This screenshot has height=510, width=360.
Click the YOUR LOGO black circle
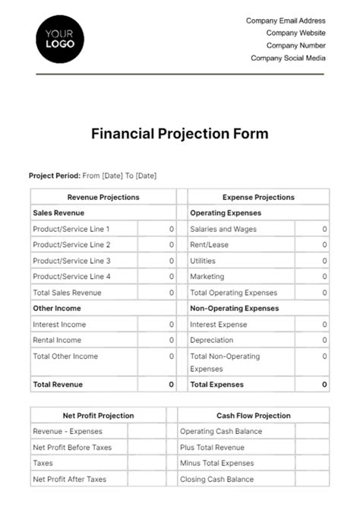60,39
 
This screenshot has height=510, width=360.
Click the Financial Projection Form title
179,134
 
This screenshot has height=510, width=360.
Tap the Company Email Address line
286,21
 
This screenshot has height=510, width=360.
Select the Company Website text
295,33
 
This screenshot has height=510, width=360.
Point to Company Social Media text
288,58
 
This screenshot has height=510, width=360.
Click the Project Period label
54,176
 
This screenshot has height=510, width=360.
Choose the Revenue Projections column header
103,198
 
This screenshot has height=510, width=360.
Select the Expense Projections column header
258,198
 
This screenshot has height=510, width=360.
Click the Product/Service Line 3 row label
72,261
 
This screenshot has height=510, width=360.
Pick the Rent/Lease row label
209,245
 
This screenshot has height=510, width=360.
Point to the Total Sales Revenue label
67,293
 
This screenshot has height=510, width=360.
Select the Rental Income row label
57,341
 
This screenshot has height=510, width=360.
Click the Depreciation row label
211,341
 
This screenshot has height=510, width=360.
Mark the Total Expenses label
216,385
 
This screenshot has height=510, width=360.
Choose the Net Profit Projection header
98,416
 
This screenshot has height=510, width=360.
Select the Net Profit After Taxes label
70,480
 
